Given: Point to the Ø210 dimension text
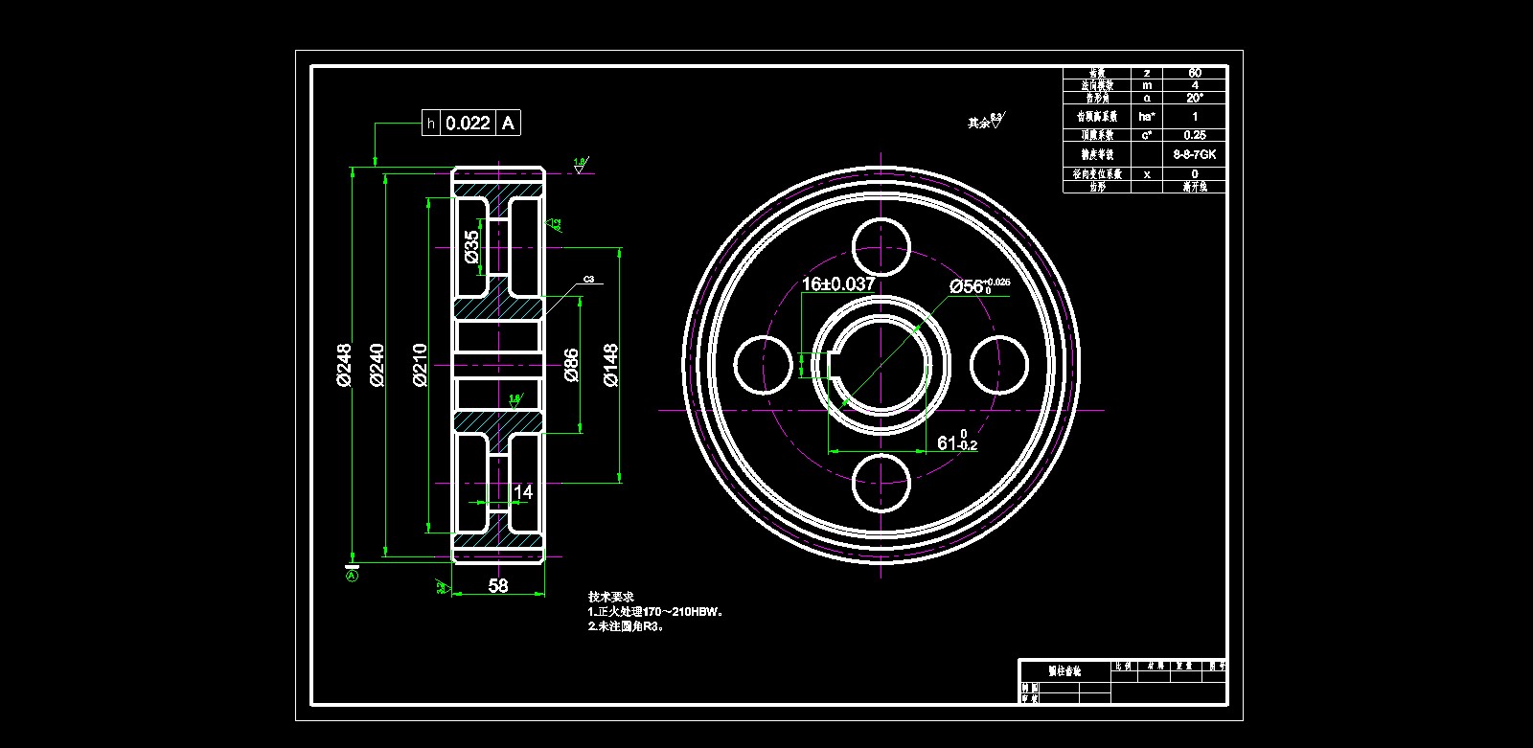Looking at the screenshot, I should pos(420,365).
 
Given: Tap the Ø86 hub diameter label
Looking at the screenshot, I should pos(571,365).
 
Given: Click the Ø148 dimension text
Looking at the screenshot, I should pos(611,365).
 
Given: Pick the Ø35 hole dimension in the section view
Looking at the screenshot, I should pos(471,246).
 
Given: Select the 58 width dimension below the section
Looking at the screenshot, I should pos(498,585).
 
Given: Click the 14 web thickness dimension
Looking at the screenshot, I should pos(523,492).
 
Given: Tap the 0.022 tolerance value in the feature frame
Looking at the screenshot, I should pos(469,123).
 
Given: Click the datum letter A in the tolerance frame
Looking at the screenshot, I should pos(509,123).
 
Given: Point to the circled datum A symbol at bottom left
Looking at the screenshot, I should pos(352,576).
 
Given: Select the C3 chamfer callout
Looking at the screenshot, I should pos(588,280).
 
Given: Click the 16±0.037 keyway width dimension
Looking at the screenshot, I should pos(838,284).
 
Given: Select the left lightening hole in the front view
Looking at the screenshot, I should pos(763,365).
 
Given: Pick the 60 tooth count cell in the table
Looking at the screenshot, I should pos(1195,73).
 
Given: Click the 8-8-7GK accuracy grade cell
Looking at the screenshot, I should pos(1195,154).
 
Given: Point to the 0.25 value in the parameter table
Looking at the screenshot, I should pos(1195,135).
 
